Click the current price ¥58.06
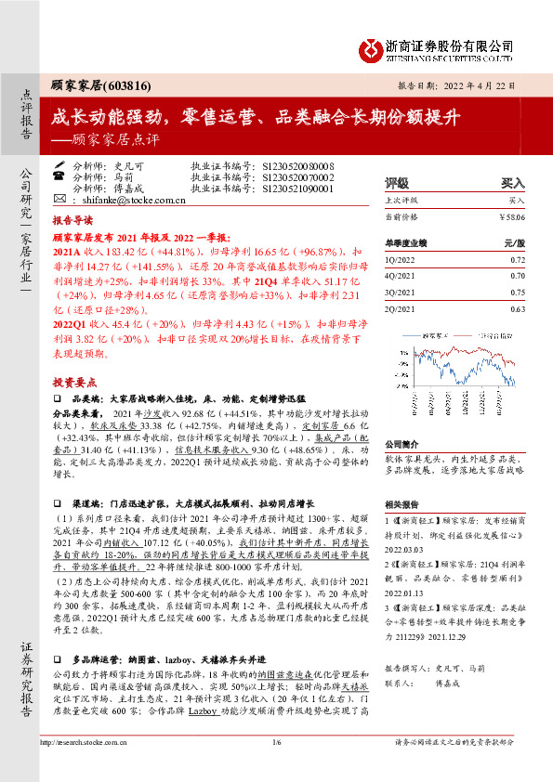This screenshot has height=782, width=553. [512, 216]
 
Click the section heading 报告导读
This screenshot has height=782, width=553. [72, 222]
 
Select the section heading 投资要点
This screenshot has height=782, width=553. [72, 382]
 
